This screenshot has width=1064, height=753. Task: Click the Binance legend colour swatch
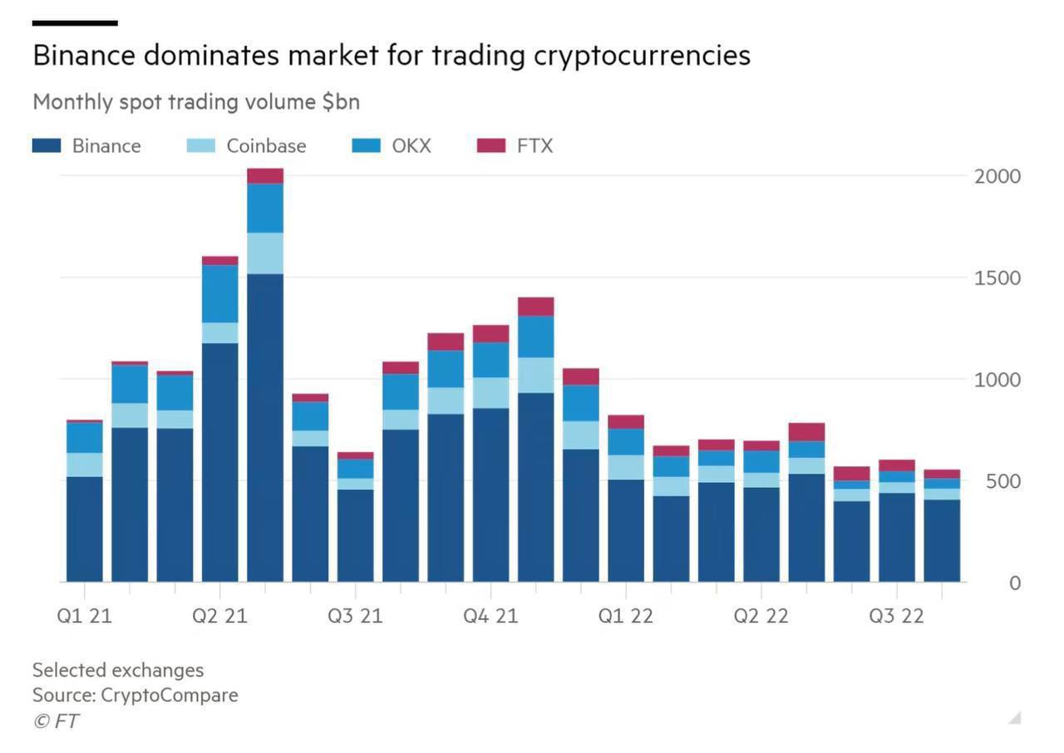(47, 145)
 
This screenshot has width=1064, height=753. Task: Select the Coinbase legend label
(266, 145)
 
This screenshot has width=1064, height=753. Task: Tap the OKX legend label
(411, 145)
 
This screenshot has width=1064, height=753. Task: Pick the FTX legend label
(534, 145)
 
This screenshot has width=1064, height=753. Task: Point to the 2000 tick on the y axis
(997, 176)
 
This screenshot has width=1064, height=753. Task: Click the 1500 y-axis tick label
(997, 278)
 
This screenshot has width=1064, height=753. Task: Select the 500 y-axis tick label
(1002, 481)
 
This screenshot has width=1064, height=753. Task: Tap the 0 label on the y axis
(1014, 583)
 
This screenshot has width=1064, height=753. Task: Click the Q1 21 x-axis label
(84, 616)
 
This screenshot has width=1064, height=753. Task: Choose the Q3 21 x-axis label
(355, 616)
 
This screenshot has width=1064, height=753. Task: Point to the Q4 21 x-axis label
(490, 616)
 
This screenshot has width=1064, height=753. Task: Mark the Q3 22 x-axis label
(896, 616)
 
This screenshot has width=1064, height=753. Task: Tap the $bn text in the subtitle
(341, 101)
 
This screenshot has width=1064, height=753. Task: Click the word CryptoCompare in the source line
(169, 695)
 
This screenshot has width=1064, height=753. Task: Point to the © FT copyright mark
(56, 721)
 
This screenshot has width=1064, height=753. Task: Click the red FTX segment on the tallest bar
(265, 175)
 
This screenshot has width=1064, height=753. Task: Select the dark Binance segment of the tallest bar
(265, 428)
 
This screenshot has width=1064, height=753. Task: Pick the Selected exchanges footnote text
(117, 670)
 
